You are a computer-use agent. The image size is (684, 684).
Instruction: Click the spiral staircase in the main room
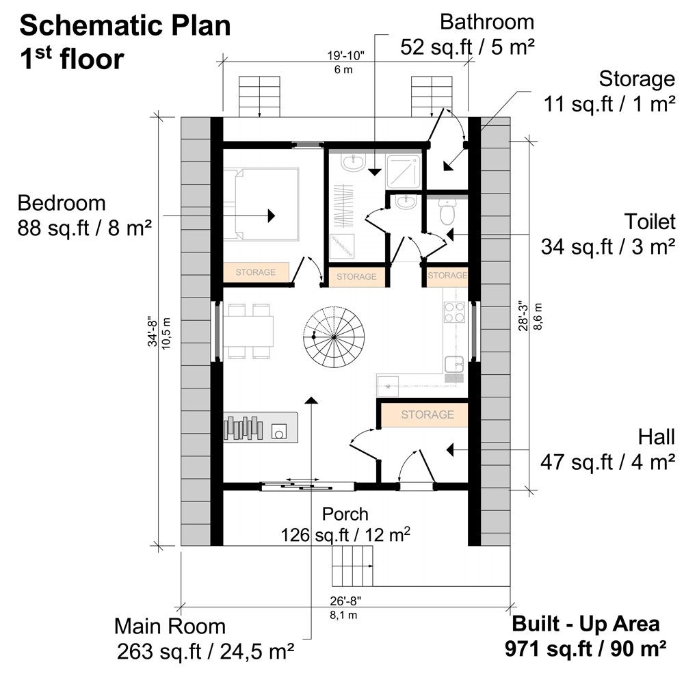[x=333, y=337]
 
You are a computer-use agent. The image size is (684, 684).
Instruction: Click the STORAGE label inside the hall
[x=427, y=415]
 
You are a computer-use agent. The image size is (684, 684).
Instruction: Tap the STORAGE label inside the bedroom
[x=255, y=272]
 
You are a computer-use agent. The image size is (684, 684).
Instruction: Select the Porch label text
[x=345, y=513]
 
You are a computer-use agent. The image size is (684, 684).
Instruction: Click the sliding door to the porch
[x=307, y=486]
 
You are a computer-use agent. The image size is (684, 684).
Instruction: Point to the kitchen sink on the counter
[x=455, y=363]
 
